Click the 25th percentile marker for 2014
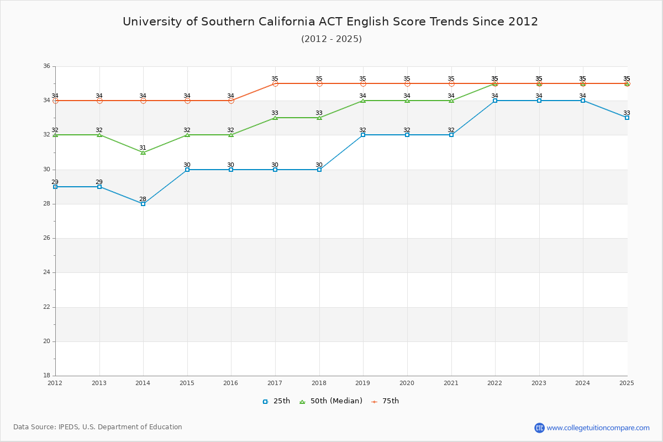[143, 204]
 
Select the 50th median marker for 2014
[143, 152]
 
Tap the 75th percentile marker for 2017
[275, 83]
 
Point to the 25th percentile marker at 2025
[627, 118]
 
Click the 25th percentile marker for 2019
[363, 135]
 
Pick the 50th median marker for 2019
[363, 101]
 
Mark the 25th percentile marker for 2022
[495, 101]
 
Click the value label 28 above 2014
[143, 199]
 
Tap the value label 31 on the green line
[143, 148]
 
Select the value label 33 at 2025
[627, 113]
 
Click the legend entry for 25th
[276, 401]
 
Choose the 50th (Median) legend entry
[331, 401]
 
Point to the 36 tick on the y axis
[46, 66]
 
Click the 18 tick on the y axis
[46, 376]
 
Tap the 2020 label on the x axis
[407, 382]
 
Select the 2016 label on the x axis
[231, 382]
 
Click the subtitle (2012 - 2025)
[331, 39]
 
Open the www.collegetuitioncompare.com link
[598, 428]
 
